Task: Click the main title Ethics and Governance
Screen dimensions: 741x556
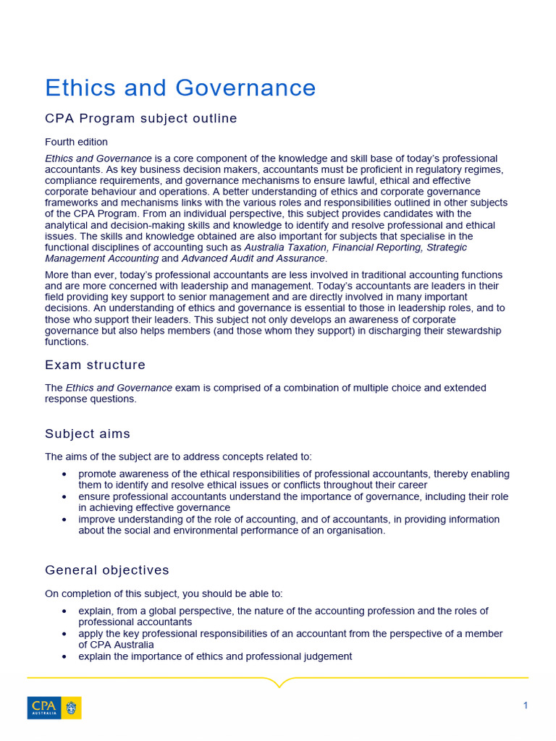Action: (x=180, y=88)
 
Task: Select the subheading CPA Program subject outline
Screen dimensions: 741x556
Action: (x=140, y=119)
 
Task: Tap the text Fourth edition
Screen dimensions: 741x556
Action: (x=76, y=142)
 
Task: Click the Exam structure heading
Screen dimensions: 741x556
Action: (x=95, y=365)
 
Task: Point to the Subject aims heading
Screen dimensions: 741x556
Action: (x=88, y=433)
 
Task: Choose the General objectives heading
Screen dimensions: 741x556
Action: (x=106, y=570)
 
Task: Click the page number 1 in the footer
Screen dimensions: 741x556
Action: (x=526, y=706)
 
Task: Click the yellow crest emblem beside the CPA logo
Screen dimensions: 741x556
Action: (x=72, y=708)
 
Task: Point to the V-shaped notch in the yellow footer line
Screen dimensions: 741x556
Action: (x=278, y=682)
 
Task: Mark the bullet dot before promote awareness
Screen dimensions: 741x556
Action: (x=65, y=474)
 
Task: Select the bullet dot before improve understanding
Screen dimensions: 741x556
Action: (x=65, y=520)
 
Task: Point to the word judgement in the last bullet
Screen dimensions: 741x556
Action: (x=328, y=656)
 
